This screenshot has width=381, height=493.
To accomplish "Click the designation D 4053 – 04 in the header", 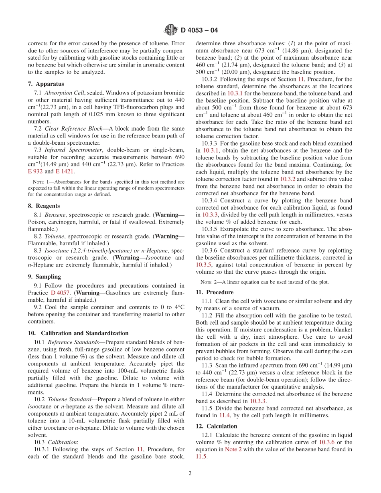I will click(199, 30).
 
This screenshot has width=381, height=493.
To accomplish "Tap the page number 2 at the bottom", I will click(190, 473).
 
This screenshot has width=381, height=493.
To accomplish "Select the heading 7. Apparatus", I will click(46, 84).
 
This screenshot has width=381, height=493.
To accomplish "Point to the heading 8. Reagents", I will click(44, 206).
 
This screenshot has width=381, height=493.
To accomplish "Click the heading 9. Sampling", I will click(44, 277).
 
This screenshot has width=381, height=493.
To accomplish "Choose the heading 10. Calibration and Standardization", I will click(78, 333).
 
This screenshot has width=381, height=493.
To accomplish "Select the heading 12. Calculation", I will click(216, 426).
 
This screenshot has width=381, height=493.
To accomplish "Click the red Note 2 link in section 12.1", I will click(231, 449).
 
